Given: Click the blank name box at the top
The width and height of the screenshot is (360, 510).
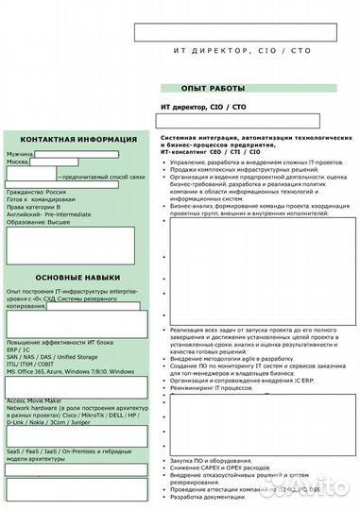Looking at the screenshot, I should click(234, 31).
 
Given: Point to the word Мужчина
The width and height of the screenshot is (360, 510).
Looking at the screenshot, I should click(21, 153).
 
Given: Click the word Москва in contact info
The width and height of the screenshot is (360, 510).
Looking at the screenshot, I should click(18, 162).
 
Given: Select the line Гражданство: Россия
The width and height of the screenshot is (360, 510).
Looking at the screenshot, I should click(36, 192).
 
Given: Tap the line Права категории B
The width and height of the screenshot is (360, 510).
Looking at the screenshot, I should click(32, 207).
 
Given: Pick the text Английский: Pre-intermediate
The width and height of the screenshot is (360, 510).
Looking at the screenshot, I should click(49, 214).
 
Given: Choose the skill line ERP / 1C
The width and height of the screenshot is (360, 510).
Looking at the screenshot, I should click(19, 349).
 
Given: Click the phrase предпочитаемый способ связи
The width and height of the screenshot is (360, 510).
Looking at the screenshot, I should click(101, 177).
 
